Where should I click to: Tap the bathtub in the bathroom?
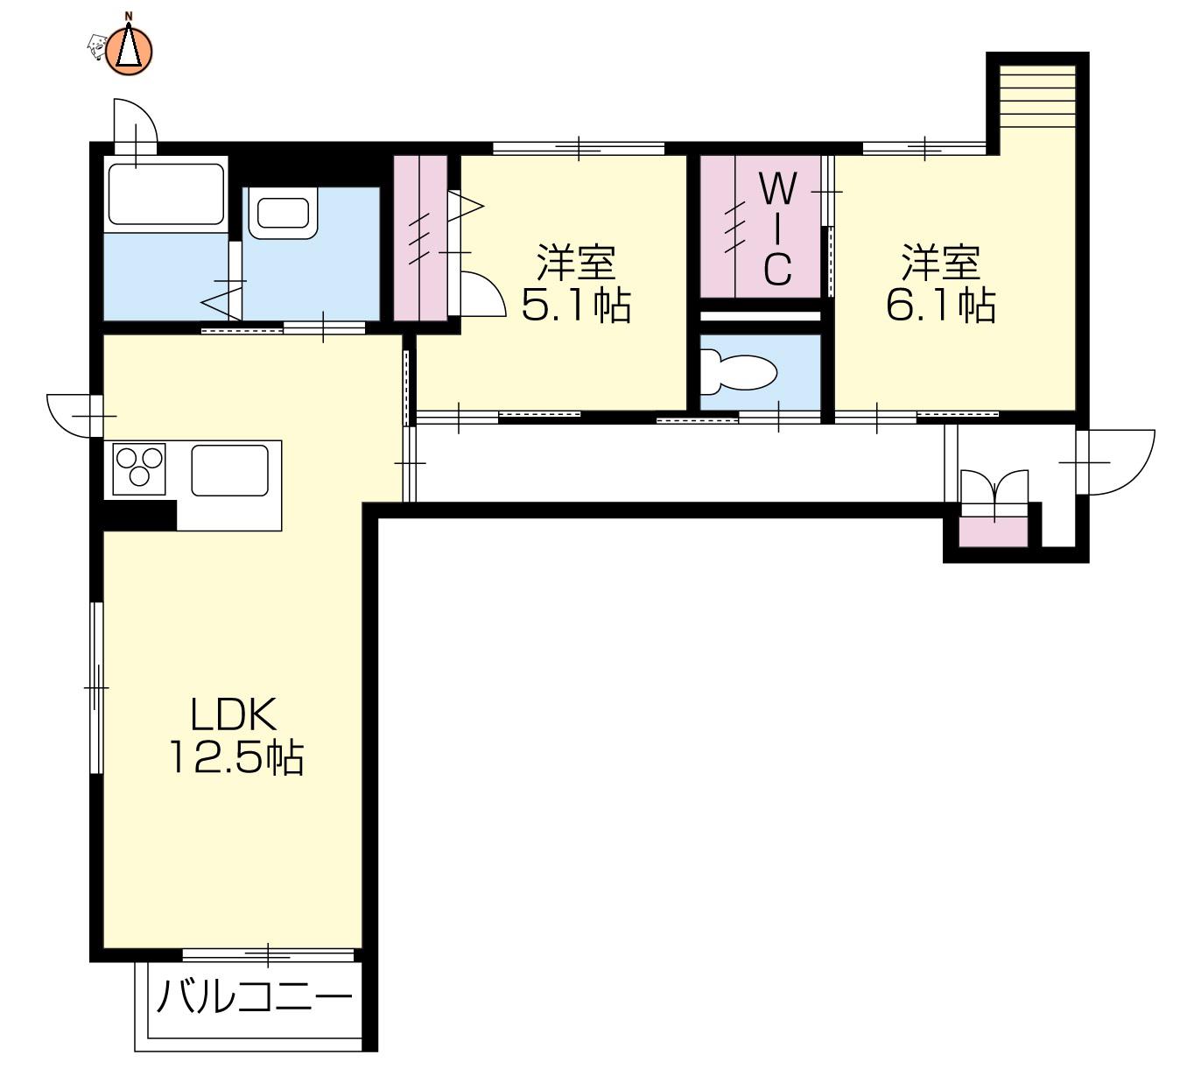166,194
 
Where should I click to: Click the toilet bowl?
739,372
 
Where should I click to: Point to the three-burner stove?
139,468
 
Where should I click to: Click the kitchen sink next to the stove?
229,470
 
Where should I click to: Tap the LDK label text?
233,714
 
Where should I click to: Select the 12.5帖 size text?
236,757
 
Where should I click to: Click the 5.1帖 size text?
576,305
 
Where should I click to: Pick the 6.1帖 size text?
941,305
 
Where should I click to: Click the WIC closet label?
777,229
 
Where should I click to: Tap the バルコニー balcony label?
255,997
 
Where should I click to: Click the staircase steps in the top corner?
1036,96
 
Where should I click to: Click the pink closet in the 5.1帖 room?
420,238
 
